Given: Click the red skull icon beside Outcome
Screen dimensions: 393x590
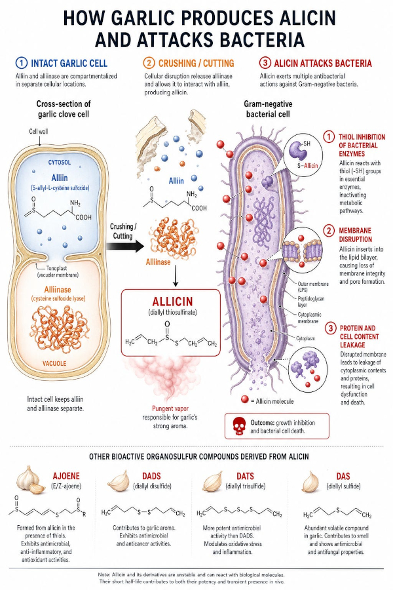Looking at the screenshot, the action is [238, 426].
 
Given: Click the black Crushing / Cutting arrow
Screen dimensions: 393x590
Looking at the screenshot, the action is [125, 246].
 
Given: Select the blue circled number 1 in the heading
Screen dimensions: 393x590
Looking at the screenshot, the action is [22, 63].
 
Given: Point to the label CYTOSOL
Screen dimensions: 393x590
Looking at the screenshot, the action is [60, 163].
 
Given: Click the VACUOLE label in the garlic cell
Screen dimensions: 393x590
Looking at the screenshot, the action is [54, 363].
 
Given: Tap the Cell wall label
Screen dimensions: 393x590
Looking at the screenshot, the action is [39, 131].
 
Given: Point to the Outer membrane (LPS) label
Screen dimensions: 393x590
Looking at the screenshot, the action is [313, 286].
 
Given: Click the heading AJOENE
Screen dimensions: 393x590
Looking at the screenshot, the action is [66, 476].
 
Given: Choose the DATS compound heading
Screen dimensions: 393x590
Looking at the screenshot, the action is [245, 476].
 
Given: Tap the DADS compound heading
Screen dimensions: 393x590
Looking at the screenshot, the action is [151, 476].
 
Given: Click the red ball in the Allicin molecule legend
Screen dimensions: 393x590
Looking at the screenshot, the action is [245, 400].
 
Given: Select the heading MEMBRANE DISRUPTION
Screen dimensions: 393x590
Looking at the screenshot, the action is [355, 235].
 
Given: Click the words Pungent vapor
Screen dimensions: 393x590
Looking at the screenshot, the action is [170, 408].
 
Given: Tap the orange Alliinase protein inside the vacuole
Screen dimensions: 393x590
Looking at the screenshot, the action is [60, 325].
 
